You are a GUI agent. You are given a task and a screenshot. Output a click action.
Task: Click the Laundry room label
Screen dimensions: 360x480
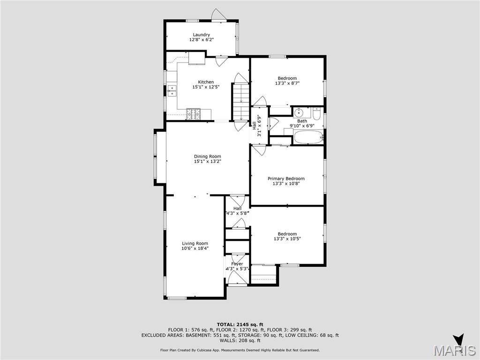(x=201, y=35)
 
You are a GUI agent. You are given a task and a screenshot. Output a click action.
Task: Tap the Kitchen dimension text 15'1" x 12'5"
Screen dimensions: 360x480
(x=206, y=87)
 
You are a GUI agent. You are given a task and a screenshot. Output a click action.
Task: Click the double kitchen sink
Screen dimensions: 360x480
(x=171, y=90)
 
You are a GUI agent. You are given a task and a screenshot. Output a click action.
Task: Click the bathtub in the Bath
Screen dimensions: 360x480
(x=308, y=137)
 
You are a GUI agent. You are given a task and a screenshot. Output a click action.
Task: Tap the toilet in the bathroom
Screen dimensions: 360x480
(x=317, y=113)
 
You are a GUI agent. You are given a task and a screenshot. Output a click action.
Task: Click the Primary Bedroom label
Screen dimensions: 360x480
(x=286, y=179)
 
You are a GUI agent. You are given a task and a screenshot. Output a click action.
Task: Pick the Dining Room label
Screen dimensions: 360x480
(x=208, y=157)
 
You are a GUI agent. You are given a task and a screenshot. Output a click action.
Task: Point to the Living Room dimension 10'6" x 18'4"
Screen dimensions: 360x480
(x=195, y=248)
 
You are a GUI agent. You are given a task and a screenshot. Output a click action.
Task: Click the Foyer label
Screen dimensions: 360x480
(x=237, y=264)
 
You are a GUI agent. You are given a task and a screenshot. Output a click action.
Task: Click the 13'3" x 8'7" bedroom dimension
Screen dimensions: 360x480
(x=287, y=83)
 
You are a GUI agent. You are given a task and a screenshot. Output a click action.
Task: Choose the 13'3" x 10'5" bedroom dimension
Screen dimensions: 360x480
(x=287, y=239)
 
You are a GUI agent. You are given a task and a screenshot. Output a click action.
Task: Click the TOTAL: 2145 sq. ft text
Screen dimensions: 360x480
(x=240, y=324)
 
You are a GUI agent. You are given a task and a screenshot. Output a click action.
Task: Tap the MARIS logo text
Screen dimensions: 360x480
(x=455, y=351)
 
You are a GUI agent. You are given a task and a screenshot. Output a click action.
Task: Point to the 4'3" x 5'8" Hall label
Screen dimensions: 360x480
(x=237, y=213)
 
